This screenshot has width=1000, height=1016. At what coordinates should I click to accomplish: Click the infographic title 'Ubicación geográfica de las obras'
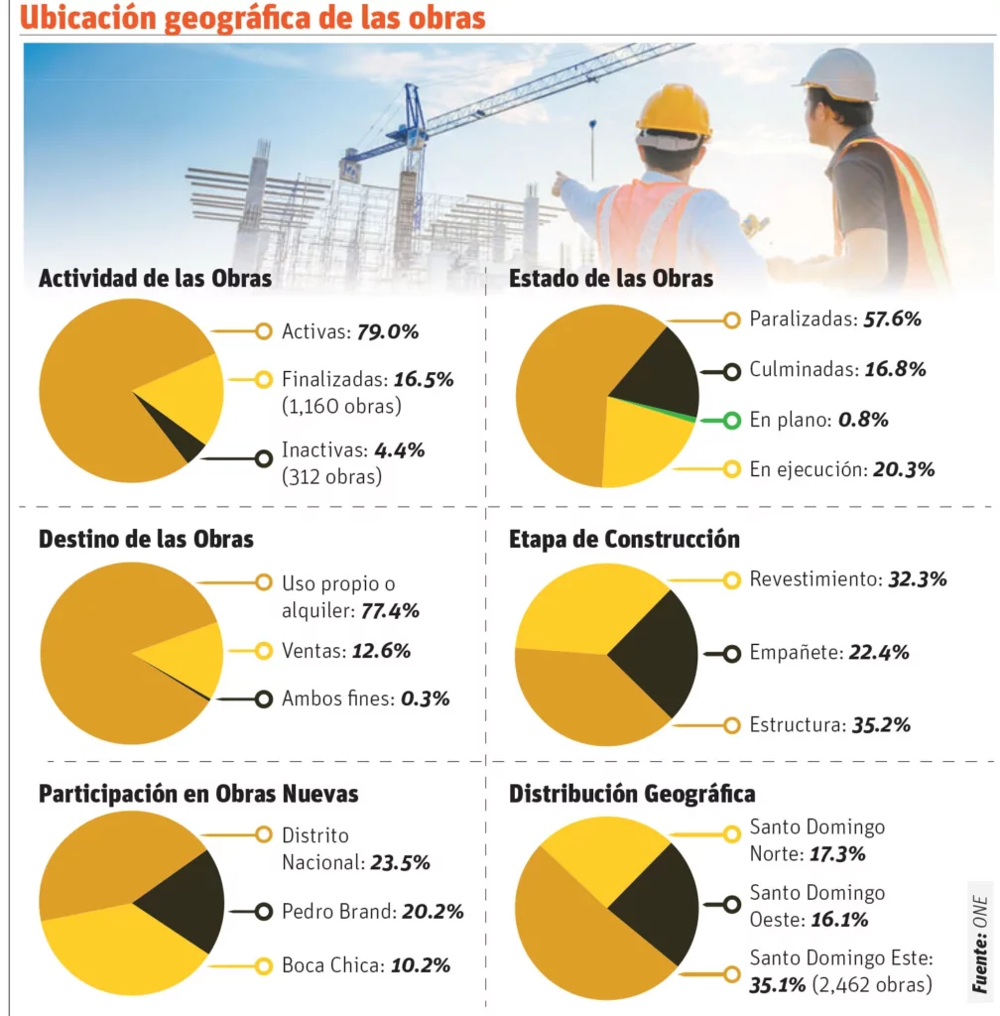pyautogui.click(x=253, y=18)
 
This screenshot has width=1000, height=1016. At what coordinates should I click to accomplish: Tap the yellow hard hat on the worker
pyautogui.click(x=674, y=110)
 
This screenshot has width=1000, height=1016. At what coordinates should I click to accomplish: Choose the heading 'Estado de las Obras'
pyautogui.click(x=610, y=279)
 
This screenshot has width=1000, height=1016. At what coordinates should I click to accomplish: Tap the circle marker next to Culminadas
pyautogui.click(x=731, y=371)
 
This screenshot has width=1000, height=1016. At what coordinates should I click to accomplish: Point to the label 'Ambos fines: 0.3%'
pyautogui.click(x=366, y=698)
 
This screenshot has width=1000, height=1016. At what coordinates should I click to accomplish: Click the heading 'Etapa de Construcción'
pyautogui.click(x=624, y=540)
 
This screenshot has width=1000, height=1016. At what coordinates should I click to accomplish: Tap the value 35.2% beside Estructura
pyautogui.click(x=881, y=725)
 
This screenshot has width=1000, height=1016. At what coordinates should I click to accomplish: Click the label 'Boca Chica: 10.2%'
pyautogui.click(x=366, y=964)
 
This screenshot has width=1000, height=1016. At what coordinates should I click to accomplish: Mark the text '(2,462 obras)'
pyautogui.click(x=872, y=984)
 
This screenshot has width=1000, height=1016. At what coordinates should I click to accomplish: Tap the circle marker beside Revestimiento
pyautogui.click(x=731, y=579)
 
